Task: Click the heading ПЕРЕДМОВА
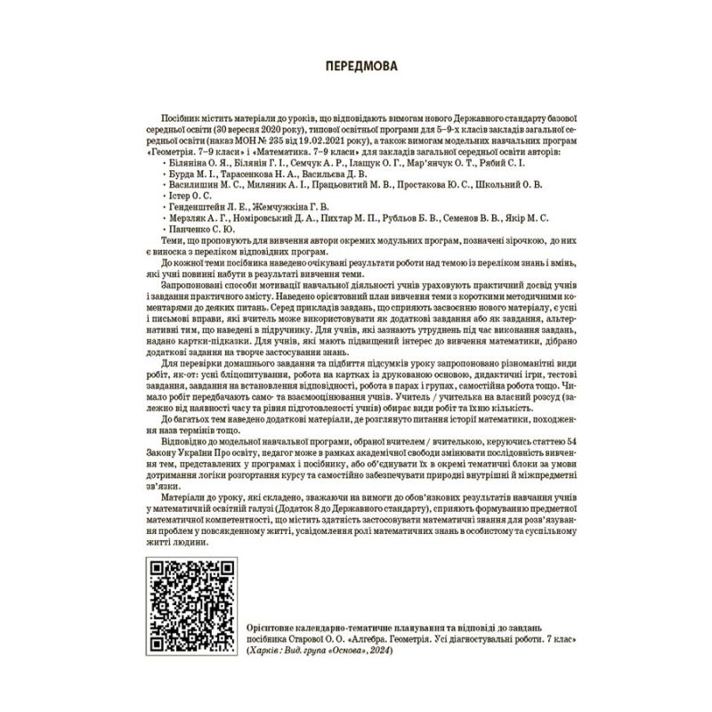pos(356,66)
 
